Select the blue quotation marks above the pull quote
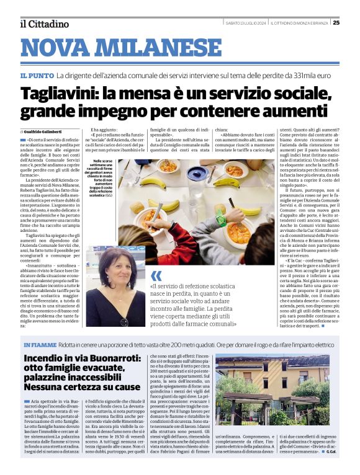click(156, 275)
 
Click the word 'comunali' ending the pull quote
click(217, 323)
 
